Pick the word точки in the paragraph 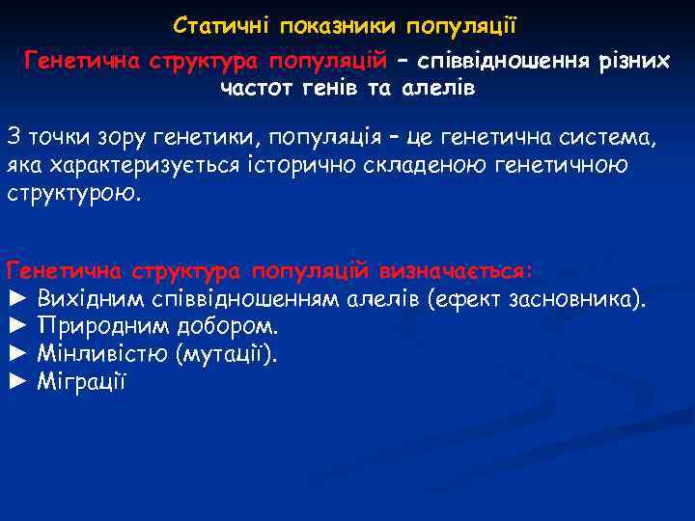click(x=57, y=136)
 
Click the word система click(x=609, y=136)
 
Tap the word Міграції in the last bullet click(x=83, y=380)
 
